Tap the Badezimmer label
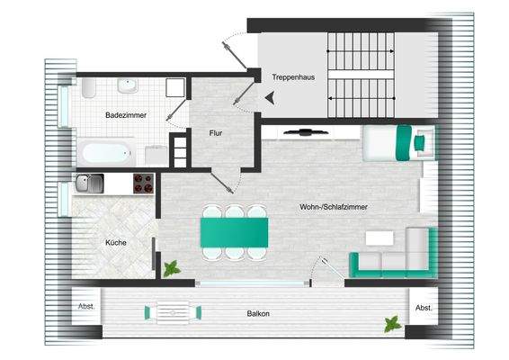pyautogui.click(x=122, y=115)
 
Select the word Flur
pyautogui.click(x=216, y=133)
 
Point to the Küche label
pyautogui.click(x=115, y=243)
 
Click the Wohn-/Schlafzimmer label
pyautogui.click(x=334, y=207)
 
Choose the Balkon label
pyautogui.click(x=258, y=314)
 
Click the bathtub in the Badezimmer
pyautogui.click(x=105, y=150)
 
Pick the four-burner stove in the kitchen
pyautogui.click(x=143, y=184)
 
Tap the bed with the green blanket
pyautogui.click(x=397, y=141)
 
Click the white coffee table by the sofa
pyautogui.click(x=379, y=238)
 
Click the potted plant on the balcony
pyautogui.click(x=391, y=323)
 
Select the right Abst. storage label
pyautogui.click(x=423, y=308)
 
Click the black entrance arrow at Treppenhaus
pyautogui.click(x=268, y=99)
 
